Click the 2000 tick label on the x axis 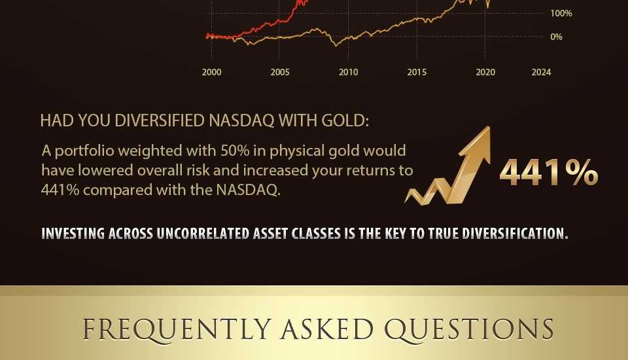tap(211, 72)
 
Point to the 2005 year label tap(280, 72)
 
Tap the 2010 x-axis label tap(349, 72)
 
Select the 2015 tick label tap(417, 72)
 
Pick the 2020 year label tap(485, 72)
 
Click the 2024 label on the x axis tap(541, 72)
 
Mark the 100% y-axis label tap(561, 13)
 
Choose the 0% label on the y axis tap(556, 37)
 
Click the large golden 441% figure tap(549, 172)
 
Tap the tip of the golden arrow tap(489, 127)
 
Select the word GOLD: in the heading tap(345, 120)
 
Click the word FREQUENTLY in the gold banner tap(177, 329)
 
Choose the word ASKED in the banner tap(327, 329)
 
